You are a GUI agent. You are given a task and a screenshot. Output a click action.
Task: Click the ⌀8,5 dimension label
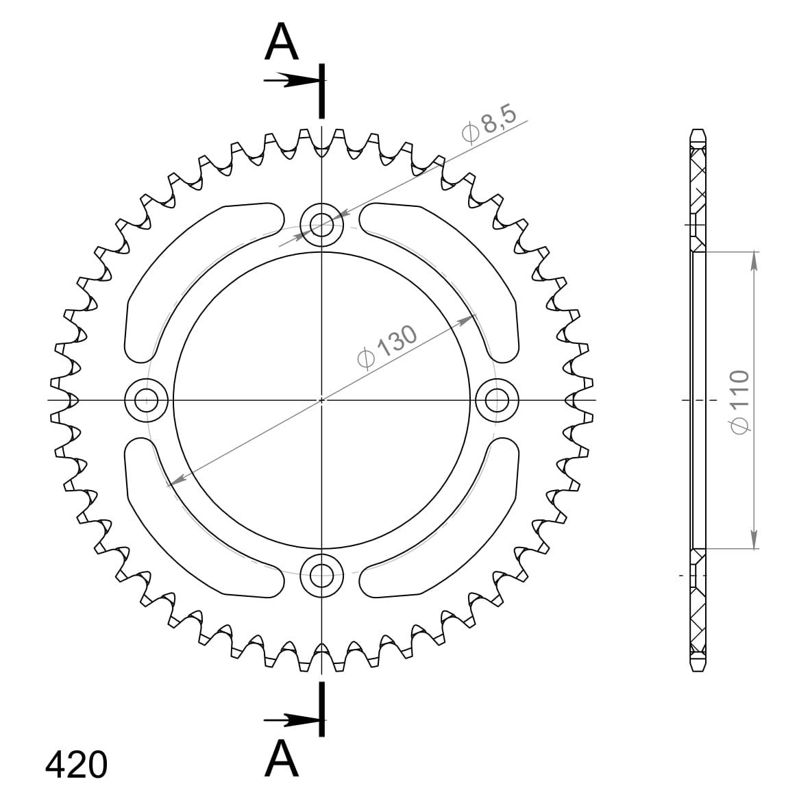[489, 123]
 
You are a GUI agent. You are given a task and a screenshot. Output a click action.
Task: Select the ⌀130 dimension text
[387, 347]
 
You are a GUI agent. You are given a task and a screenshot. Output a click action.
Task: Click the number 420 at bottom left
[76, 765]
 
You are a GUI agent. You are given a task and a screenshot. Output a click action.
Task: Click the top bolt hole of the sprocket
[321, 224]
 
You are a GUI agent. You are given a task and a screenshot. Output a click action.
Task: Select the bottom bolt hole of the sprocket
[321, 575]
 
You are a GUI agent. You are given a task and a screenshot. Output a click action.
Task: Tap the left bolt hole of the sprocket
[147, 400]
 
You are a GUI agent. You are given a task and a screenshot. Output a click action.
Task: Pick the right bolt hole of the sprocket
[497, 400]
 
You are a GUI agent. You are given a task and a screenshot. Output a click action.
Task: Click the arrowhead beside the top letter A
[302, 81]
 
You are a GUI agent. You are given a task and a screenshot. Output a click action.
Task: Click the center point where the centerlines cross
[321, 400]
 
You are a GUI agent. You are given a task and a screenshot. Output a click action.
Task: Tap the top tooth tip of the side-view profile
[698, 132]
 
